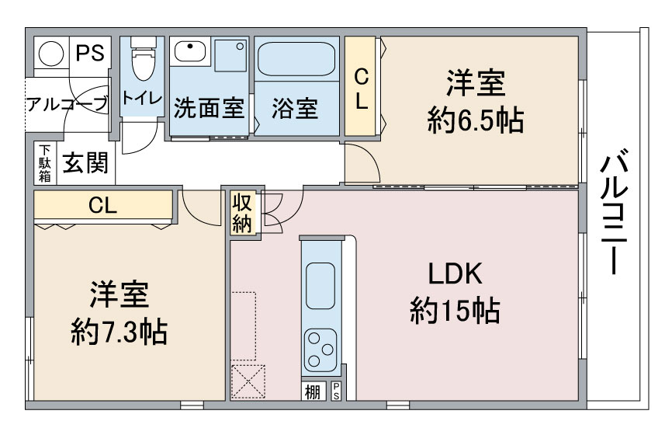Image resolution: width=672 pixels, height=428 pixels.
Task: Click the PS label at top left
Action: pyautogui.click(x=89, y=54)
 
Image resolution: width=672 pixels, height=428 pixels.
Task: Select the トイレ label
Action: pyautogui.click(x=142, y=99)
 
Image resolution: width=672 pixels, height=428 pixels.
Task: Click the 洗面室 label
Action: pyautogui.click(x=209, y=107)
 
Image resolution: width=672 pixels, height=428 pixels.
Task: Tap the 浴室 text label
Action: pyautogui.click(x=295, y=107)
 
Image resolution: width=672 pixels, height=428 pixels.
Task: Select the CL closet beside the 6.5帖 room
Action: pyautogui.click(x=362, y=88)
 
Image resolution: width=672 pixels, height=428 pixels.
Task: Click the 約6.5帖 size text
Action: pyautogui.click(x=475, y=120)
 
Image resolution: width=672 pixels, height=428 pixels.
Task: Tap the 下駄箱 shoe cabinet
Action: pyautogui.click(x=45, y=164)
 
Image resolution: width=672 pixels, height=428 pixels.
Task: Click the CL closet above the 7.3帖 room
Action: pyautogui.click(x=102, y=207)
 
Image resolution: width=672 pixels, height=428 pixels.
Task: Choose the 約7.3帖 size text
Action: pyautogui.click(x=119, y=332)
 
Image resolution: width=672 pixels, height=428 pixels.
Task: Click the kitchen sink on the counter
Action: pyautogui.click(x=320, y=286)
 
